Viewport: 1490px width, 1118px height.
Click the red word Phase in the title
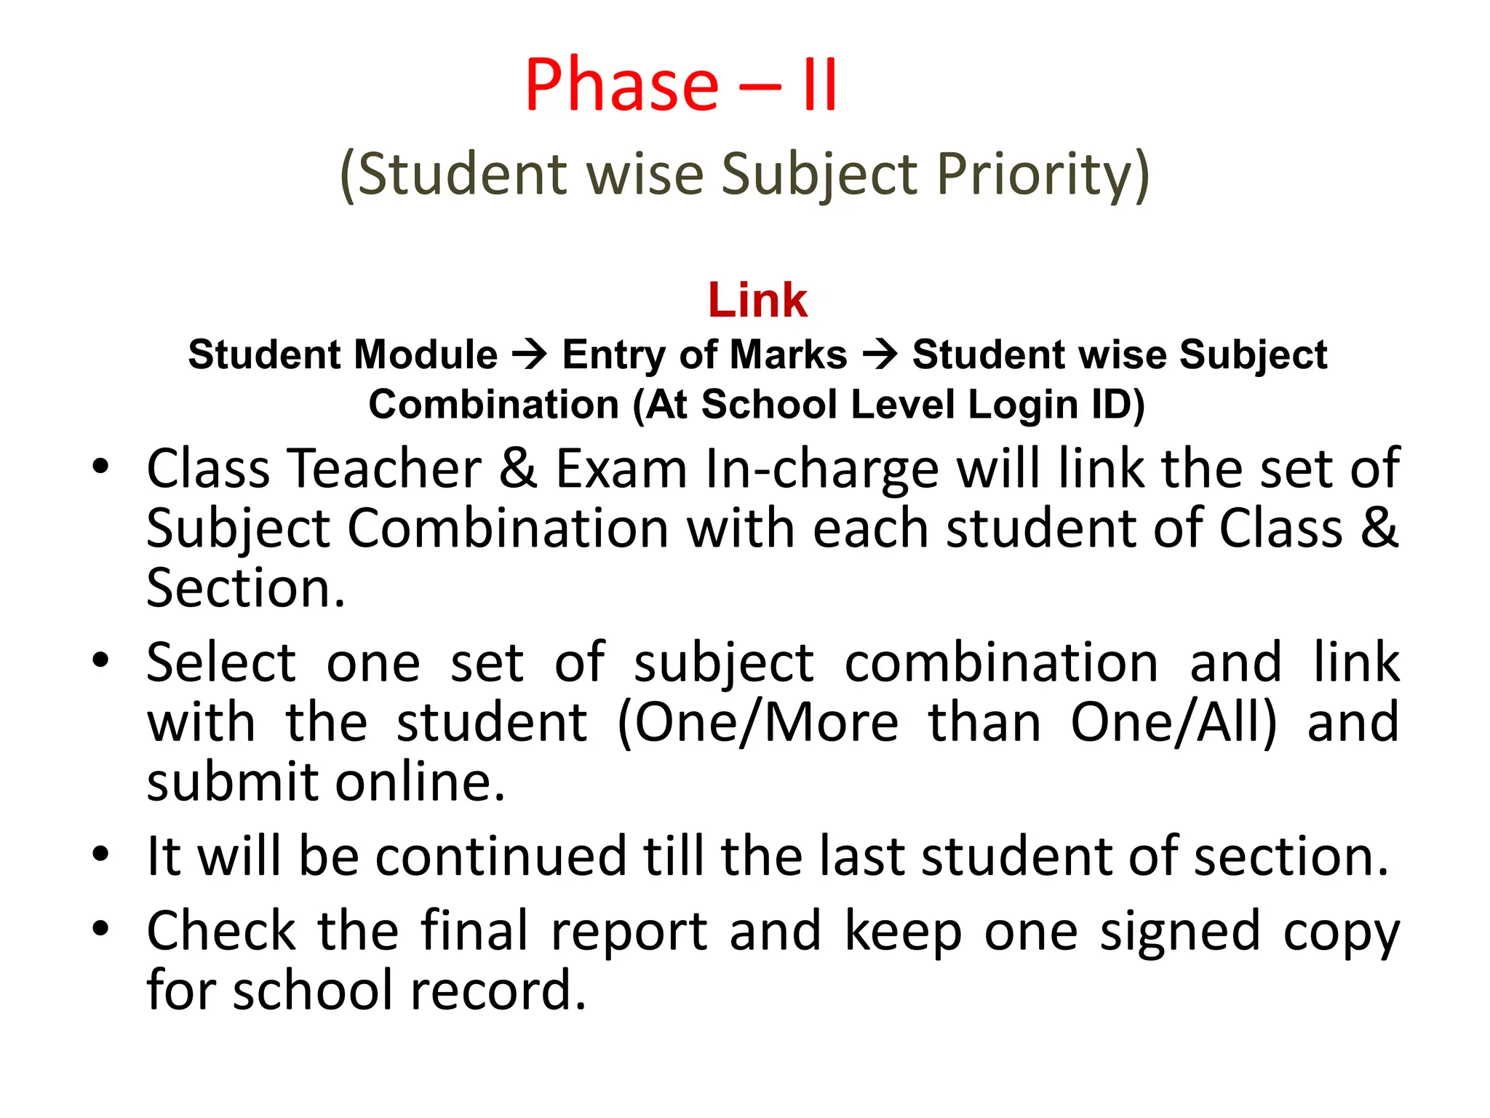(622, 86)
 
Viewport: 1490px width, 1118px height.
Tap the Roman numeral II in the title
(820, 86)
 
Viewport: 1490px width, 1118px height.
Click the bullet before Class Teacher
(100, 467)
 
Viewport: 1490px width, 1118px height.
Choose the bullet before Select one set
(100, 660)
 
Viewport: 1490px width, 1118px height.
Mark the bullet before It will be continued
(100, 853)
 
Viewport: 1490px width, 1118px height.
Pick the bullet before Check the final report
(100, 929)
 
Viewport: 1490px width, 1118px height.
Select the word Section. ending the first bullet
(245, 588)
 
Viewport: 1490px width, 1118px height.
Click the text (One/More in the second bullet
(757, 723)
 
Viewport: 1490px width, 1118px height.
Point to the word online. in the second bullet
(420, 782)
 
